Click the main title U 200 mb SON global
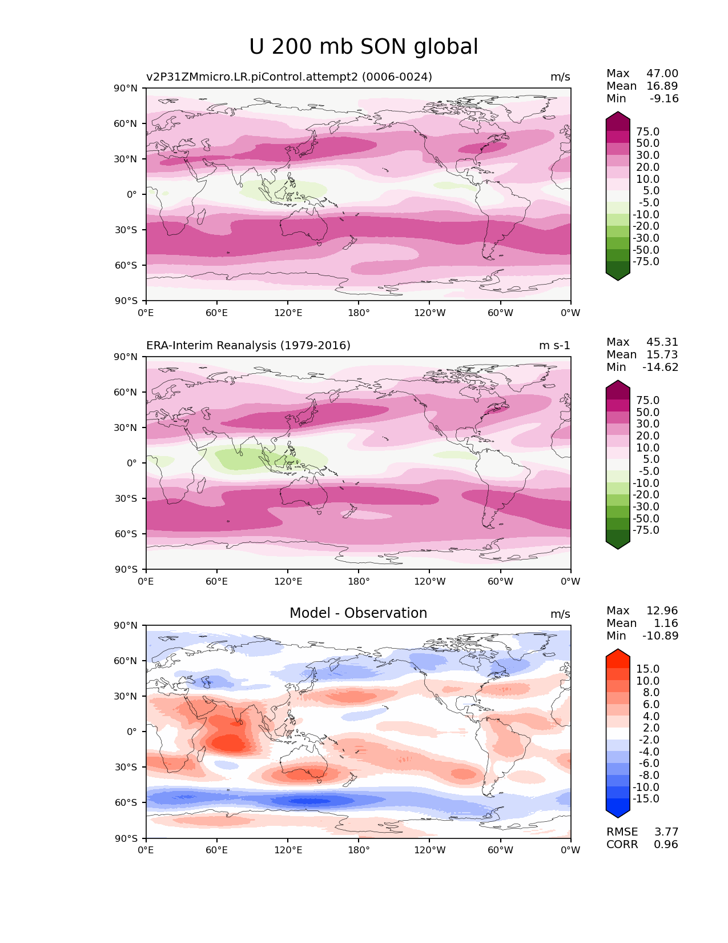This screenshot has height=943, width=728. pyautogui.click(x=364, y=47)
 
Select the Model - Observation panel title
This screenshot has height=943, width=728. pyautogui.click(x=358, y=613)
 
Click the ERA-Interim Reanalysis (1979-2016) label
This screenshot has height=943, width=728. pyautogui.click(x=248, y=345)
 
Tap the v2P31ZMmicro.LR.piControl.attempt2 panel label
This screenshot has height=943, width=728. pyautogui.click(x=289, y=77)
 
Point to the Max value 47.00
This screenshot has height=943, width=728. pyautogui.click(x=662, y=73)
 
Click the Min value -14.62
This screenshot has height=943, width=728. pyautogui.click(x=661, y=367)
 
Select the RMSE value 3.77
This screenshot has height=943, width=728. pyautogui.click(x=666, y=832)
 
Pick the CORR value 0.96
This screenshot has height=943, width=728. pyautogui.click(x=666, y=844)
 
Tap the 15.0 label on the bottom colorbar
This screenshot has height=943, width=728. pyautogui.click(x=648, y=669)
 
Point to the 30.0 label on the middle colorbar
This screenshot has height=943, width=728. pyautogui.click(x=648, y=423)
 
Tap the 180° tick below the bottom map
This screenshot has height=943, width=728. pyautogui.click(x=359, y=850)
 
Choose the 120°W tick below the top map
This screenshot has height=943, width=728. pyautogui.click(x=429, y=313)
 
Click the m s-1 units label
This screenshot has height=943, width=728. pyautogui.click(x=554, y=345)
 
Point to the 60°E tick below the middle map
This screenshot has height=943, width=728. pyautogui.click(x=217, y=581)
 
